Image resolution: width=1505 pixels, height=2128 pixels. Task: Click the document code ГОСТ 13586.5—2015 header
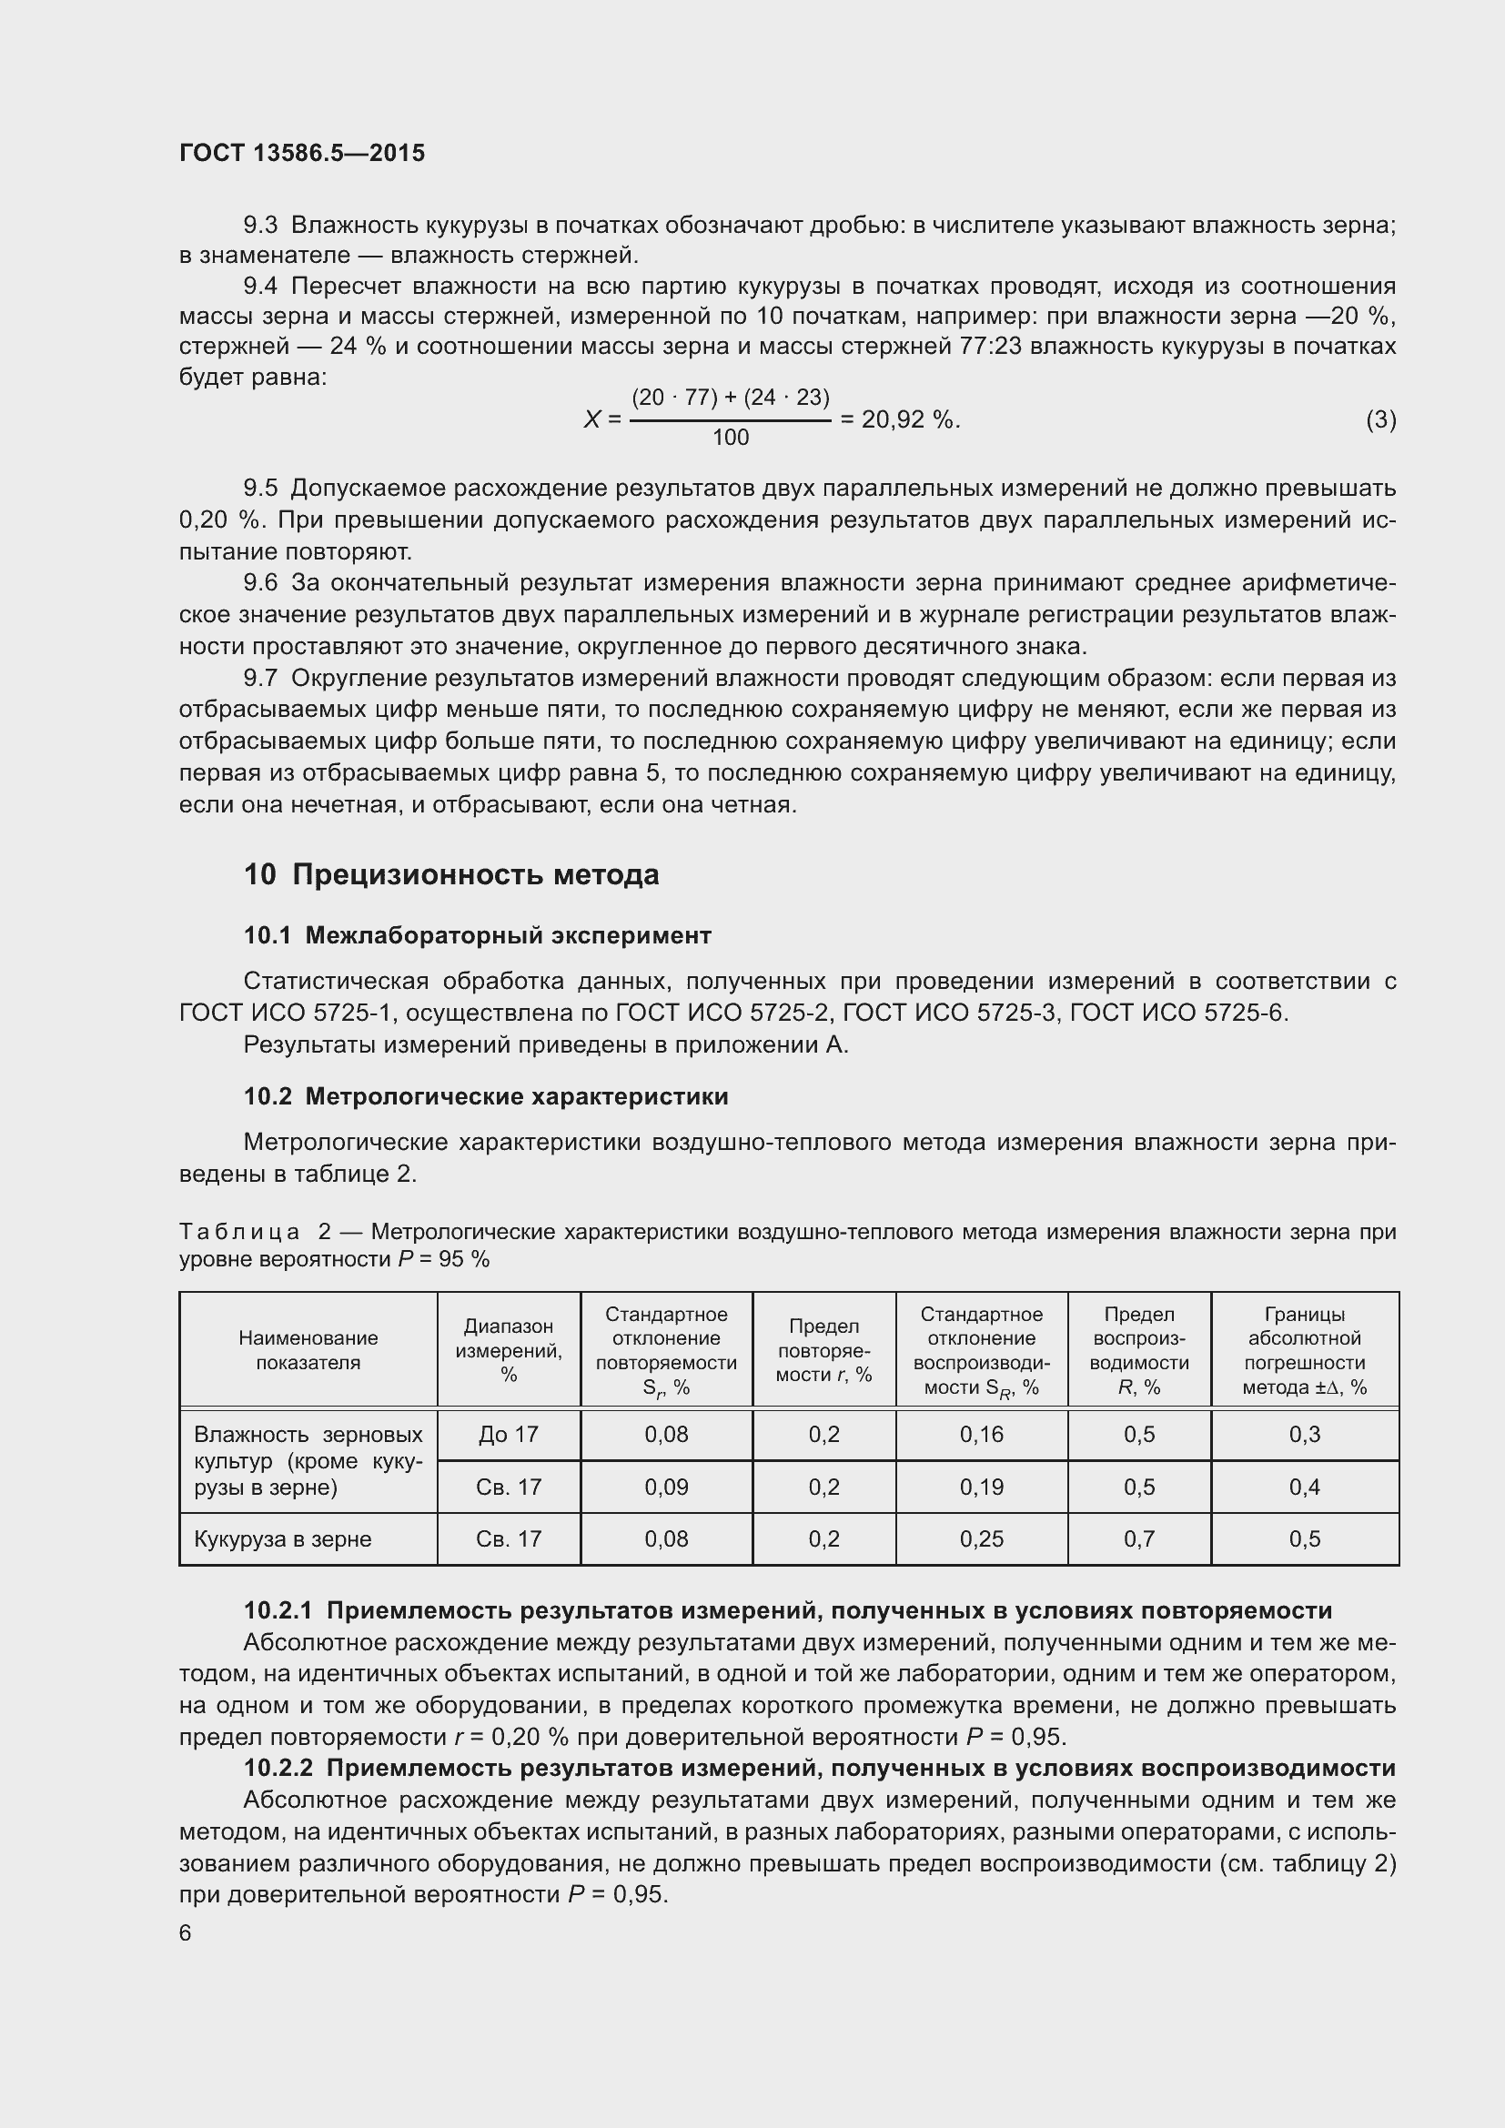(302, 153)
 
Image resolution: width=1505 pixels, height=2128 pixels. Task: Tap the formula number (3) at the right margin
(1380, 419)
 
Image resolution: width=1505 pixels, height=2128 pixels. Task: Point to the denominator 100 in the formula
(731, 438)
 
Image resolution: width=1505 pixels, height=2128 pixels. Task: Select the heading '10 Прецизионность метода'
(451, 874)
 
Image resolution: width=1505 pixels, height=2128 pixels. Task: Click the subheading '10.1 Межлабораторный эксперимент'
(478, 935)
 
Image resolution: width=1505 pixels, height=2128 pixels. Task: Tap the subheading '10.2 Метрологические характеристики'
(486, 1096)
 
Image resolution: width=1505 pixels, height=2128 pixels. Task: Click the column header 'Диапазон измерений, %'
(509, 1350)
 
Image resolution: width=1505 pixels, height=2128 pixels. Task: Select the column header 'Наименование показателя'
(308, 1350)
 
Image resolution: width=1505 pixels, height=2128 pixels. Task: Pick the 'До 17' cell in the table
(509, 1435)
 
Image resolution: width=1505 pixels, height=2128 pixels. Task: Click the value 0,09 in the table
(666, 1488)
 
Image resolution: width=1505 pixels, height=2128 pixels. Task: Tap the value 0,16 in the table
(982, 1435)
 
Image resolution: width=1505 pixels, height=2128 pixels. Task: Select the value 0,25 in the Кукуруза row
(982, 1539)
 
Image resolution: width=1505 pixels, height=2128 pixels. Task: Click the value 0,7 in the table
(1139, 1539)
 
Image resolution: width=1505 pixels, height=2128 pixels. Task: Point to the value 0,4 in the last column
(1304, 1488)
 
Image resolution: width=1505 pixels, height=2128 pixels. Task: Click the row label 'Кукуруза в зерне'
(283, 1539)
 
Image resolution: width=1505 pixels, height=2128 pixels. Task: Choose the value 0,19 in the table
(982, 1488)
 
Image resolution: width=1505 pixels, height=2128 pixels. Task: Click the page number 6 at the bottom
(186, 1932)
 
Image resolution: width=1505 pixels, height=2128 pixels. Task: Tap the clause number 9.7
(260, 679)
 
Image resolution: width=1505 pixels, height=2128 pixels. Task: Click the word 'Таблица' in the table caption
(239, 1233)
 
